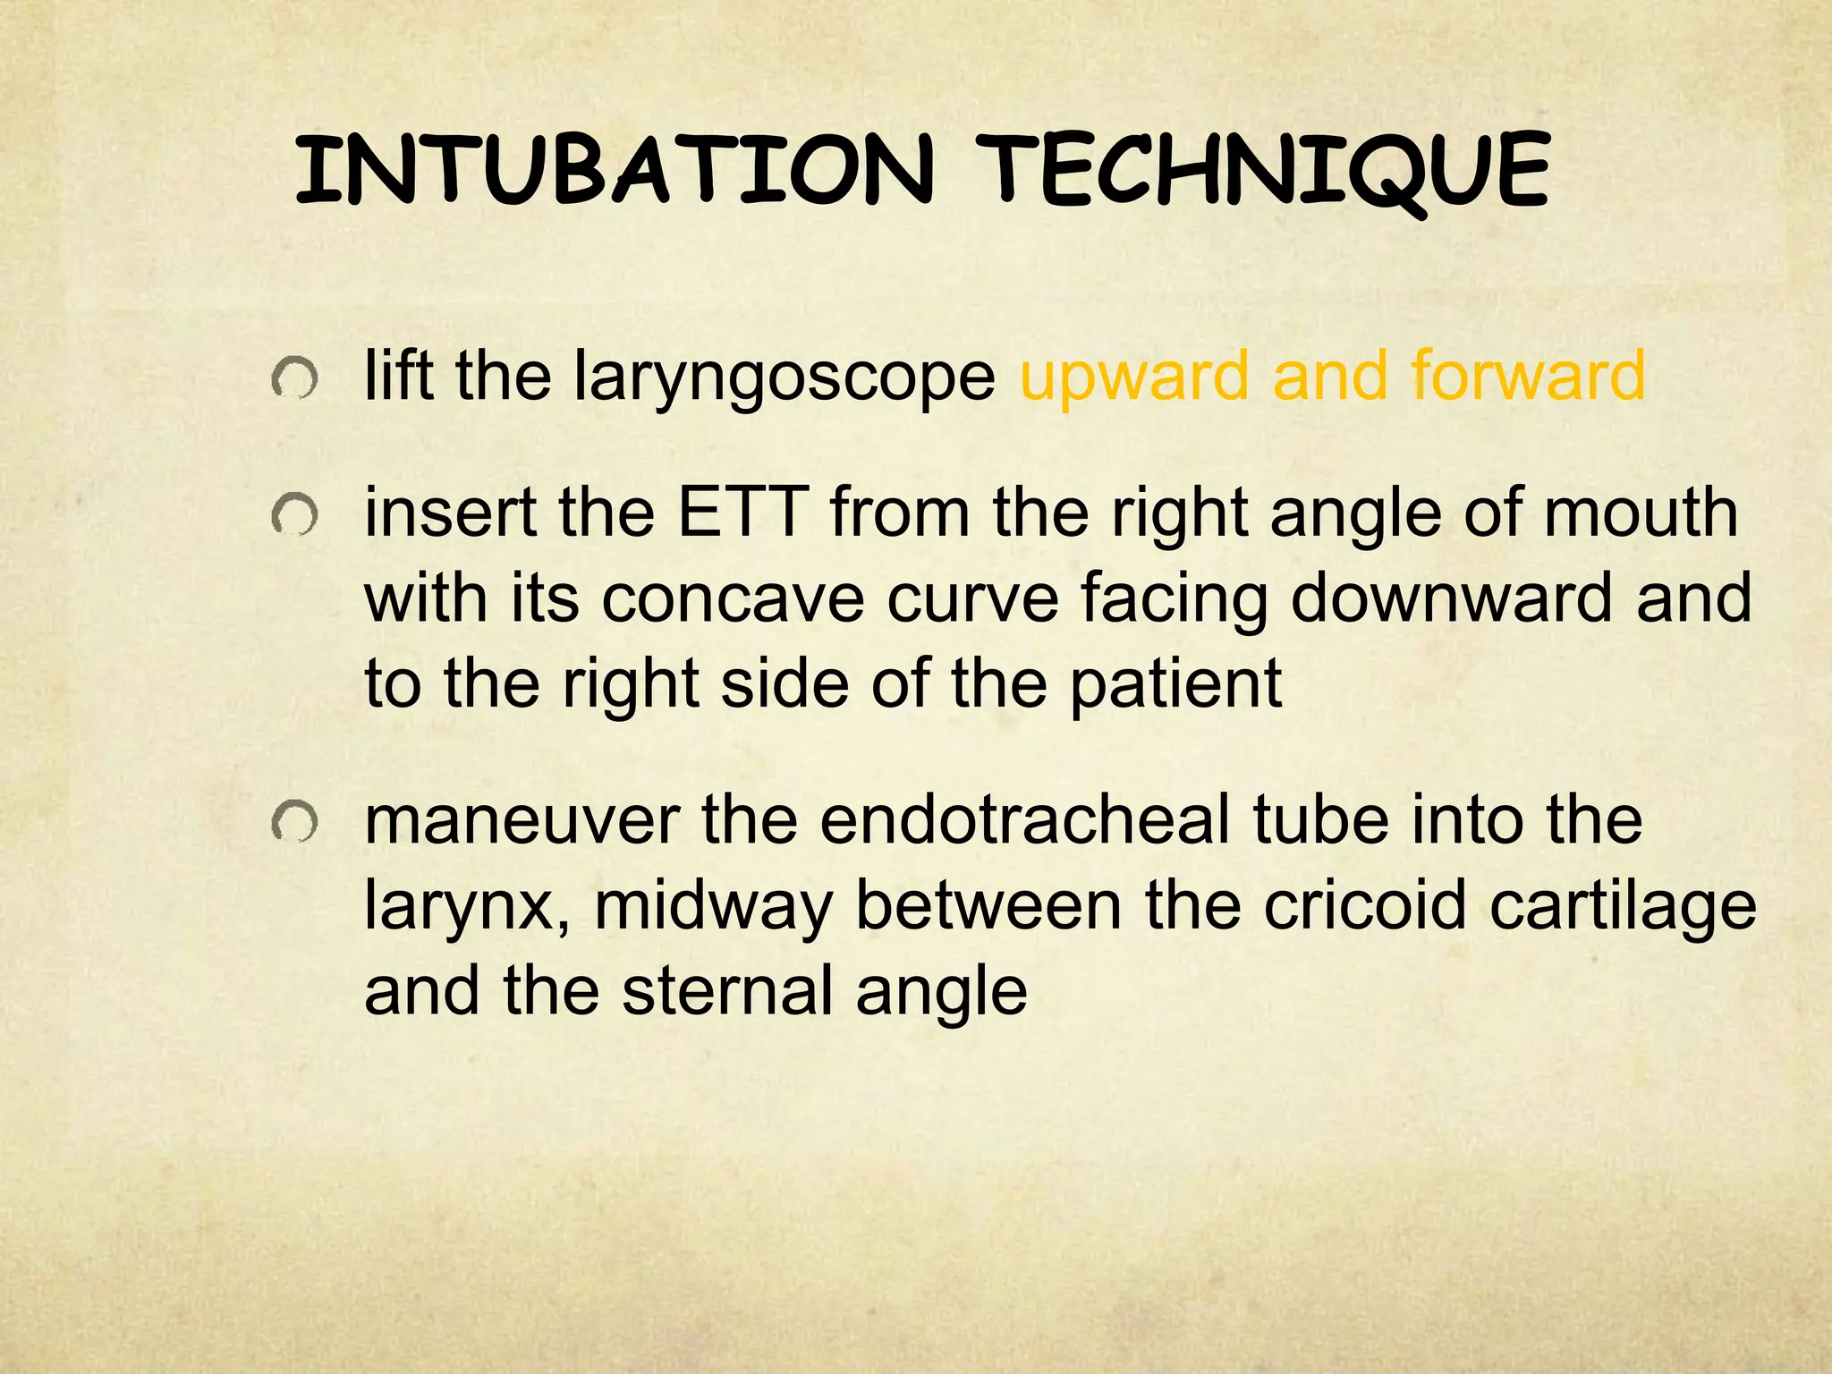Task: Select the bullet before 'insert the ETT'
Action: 294,516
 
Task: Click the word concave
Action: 733,598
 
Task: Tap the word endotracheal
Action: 1024,820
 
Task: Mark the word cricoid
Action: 1365,905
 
